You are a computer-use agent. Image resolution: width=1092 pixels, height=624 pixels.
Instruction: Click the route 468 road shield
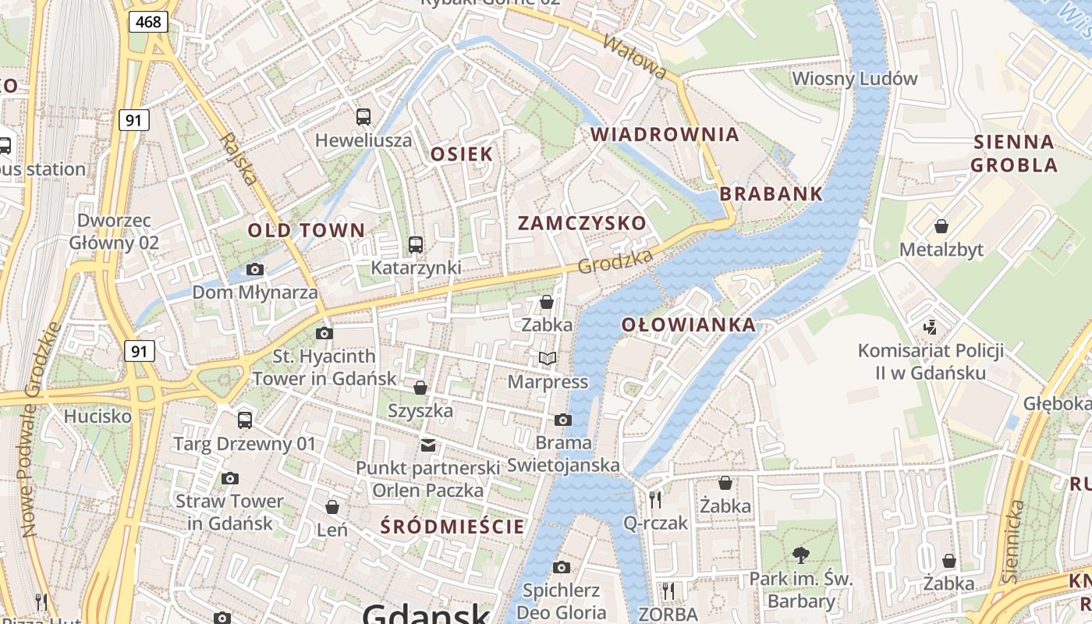pyautogui.click(x=148, y=22)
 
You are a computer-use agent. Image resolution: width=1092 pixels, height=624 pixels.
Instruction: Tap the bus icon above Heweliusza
pyautogui.click(x=363, y=117)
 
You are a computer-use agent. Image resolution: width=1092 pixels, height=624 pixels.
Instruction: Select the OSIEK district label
pyautogui.click(x=463, y=154)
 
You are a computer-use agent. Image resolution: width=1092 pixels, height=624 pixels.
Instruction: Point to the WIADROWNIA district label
pyautogui.click(x=665, y=134)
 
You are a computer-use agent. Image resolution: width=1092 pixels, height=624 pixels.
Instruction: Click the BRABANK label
pyautogui.click(x=771, y=193)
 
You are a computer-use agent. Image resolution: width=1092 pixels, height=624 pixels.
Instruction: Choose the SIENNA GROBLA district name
pyautogui.click(x=1014, y=154)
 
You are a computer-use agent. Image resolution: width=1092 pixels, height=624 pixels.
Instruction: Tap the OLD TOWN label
pyautogui.click(x=307, y=230)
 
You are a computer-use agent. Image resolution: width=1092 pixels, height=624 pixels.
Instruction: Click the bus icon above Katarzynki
pyautogui.click(x=416, y=245)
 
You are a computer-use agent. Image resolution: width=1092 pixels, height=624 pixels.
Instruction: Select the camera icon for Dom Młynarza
pyautogui.click(x=254, y=270)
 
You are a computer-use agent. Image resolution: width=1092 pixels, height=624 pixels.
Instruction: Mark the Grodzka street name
pyautogui.click(x=615, y=261)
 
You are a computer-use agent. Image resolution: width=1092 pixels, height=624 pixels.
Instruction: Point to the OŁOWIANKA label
pyautogui.click(x=689, y=325)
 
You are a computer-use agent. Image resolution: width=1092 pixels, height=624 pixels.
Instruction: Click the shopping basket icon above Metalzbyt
pyautogui.click(x=941, y=226)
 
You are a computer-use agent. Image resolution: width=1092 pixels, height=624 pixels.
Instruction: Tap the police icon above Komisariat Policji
pyautogui.click(x=930, y=327)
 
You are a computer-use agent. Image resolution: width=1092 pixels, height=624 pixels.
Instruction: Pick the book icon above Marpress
pyautogui.click(x=548, y=359)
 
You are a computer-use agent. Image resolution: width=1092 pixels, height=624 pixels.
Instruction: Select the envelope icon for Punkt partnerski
pyautogui.click(x=427, y=445)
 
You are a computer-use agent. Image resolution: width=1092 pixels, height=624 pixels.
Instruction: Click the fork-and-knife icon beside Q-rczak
pyautogui.click(x=655, y=499)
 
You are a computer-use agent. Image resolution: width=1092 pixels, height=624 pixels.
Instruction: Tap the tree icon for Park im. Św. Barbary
pyautogui.click(x=799, y=555)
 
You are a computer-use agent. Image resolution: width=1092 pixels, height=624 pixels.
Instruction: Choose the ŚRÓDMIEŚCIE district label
pyautogui.click(x=452, y=526)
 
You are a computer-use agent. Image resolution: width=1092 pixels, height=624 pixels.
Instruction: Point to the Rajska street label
pyautogui.click(x=239, y=159)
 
